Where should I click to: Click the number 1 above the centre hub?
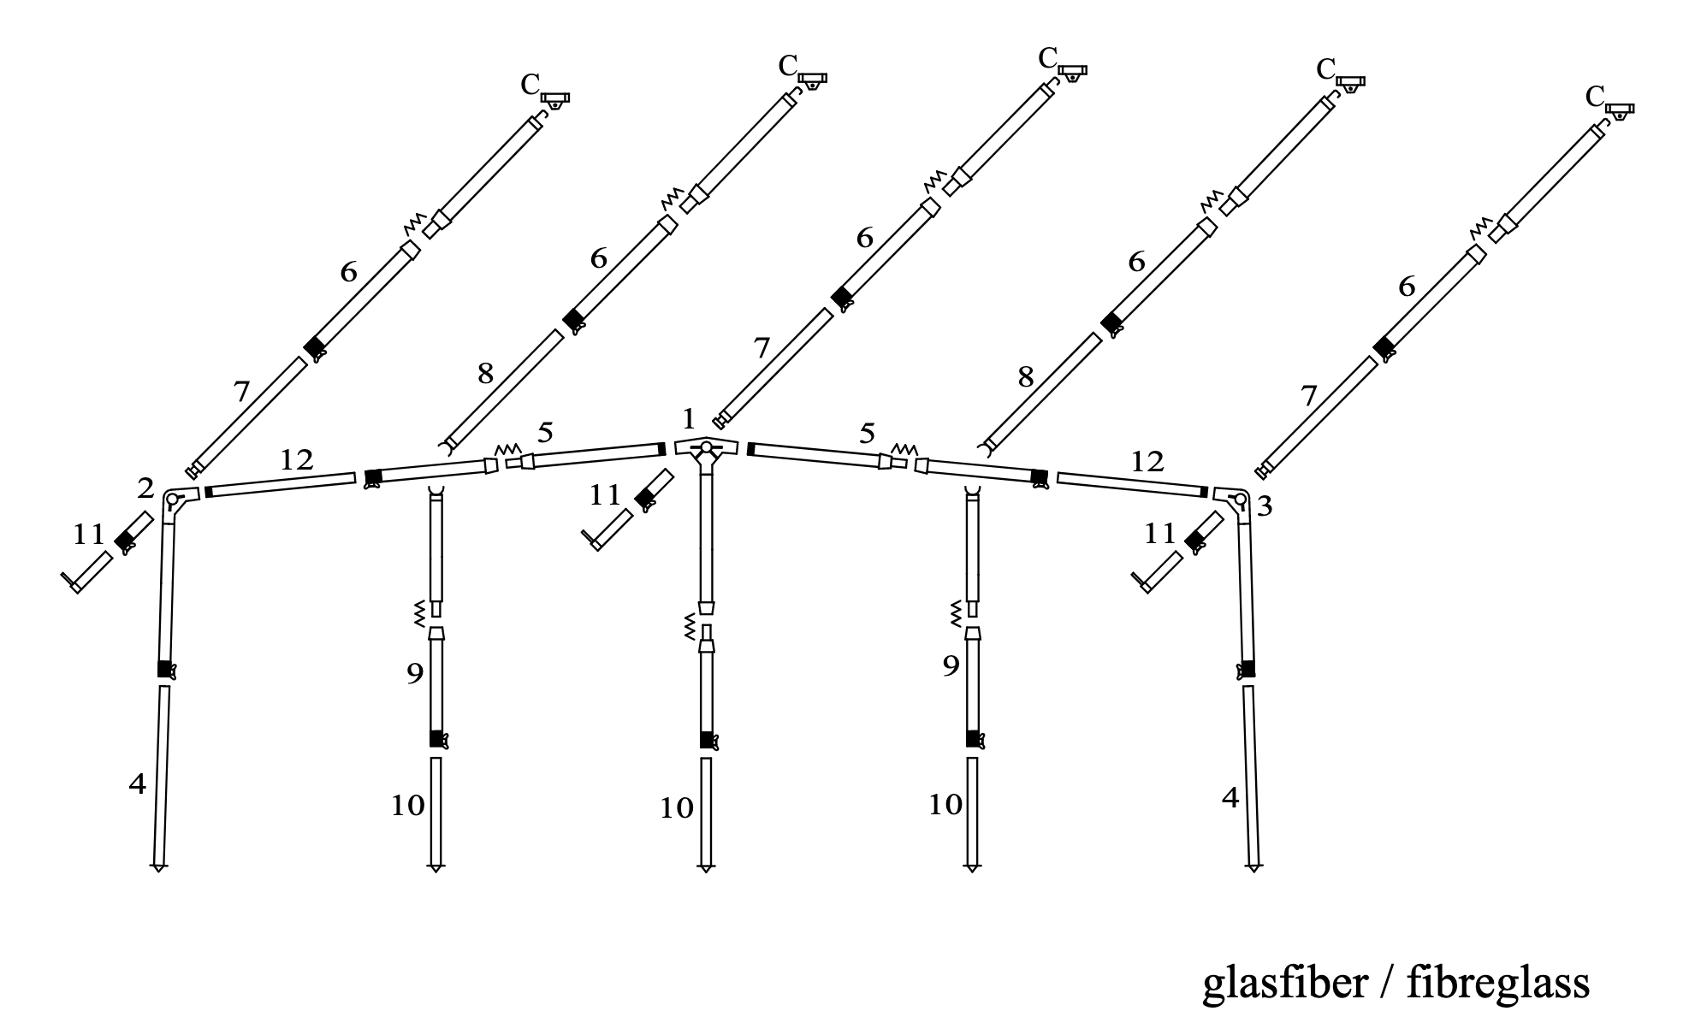tap(690, 419)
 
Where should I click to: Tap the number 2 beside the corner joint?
tap(145, 488)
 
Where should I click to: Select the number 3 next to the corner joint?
tap(1264, 506)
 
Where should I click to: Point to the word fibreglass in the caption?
tap(1497, 983)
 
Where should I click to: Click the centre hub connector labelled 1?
tap(706, 448)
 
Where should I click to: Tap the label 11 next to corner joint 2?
tap(88, 535)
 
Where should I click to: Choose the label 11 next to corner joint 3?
tap(1160, 534)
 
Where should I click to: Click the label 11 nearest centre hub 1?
tap(605, 494)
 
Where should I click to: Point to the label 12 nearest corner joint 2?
tap(296, 460)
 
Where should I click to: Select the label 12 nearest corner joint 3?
tap(1147, 462)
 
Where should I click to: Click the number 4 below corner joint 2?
tap(137, 784)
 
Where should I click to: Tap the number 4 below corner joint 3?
tap(1230, 798)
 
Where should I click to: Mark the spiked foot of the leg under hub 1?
tap(706, 867)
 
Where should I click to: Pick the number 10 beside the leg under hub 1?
tap(676, 808)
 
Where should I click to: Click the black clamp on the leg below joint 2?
tap(165, 670)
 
